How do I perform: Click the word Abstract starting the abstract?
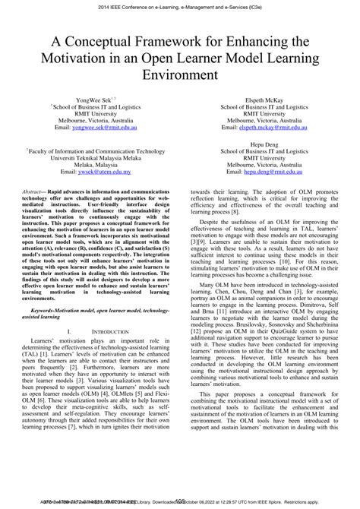tap(34, 193)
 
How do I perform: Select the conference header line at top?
tap(180, 6)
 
